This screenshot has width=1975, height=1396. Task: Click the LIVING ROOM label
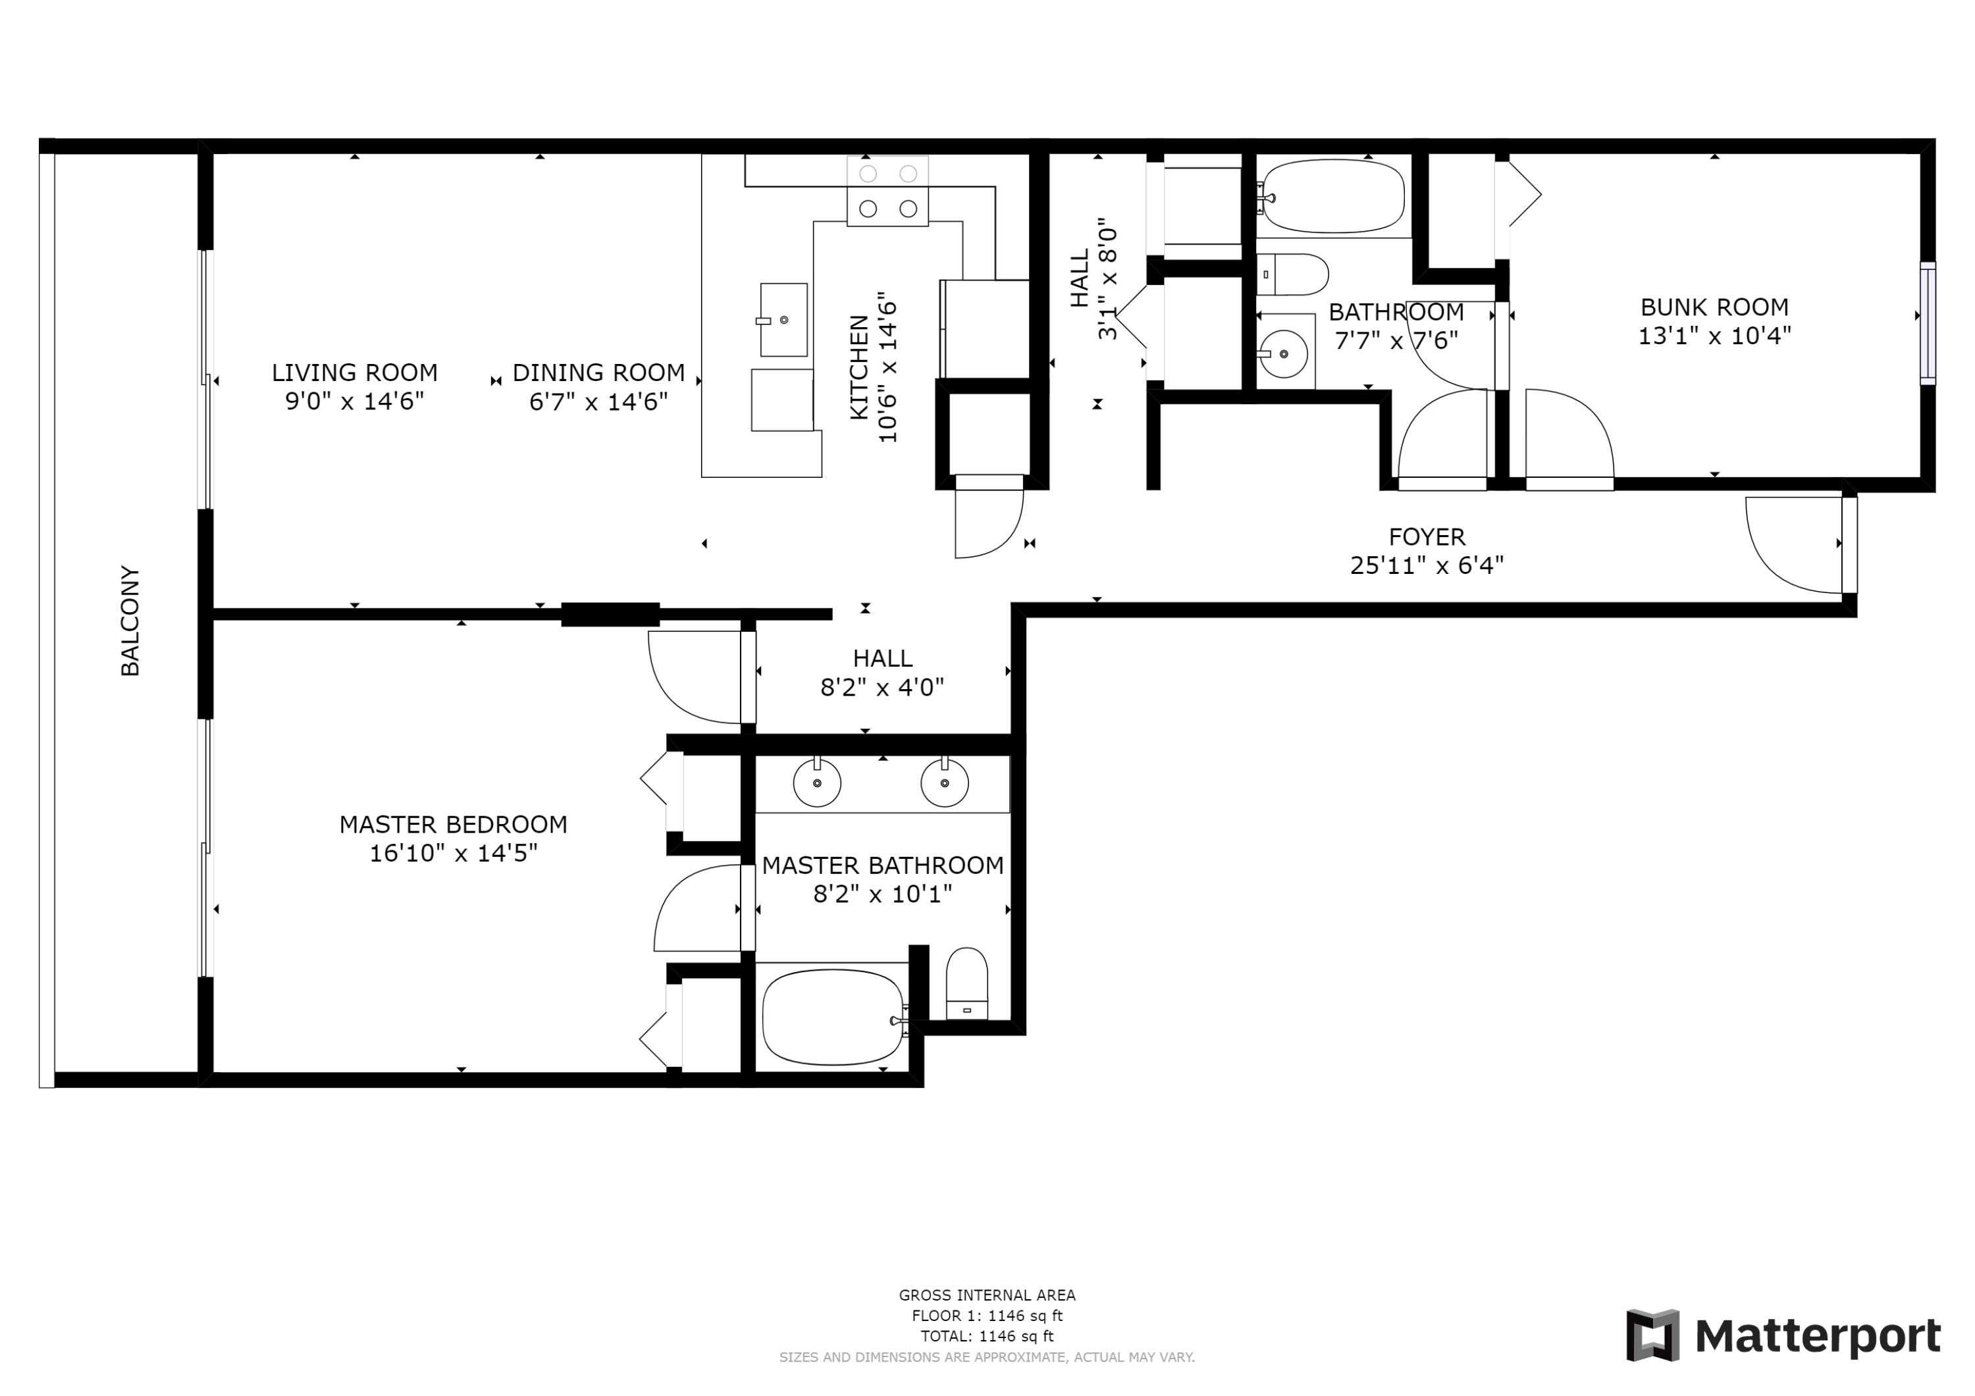354,373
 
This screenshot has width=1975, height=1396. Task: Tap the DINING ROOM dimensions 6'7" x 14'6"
598,401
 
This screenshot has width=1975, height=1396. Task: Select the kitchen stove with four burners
887,192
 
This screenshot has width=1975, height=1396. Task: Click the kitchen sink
783,320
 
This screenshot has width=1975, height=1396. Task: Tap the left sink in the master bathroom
816,783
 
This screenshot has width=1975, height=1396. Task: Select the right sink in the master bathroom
945,783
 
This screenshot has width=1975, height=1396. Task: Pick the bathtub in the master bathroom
832,1018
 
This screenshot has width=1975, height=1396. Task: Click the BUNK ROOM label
1714,307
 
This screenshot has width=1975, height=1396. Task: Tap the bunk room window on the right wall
1928,323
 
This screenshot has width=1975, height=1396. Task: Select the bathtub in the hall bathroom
1332,196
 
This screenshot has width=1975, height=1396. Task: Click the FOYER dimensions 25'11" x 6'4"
1426,565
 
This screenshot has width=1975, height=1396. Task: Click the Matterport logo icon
1652,1335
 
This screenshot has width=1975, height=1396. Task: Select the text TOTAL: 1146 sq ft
987,1336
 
